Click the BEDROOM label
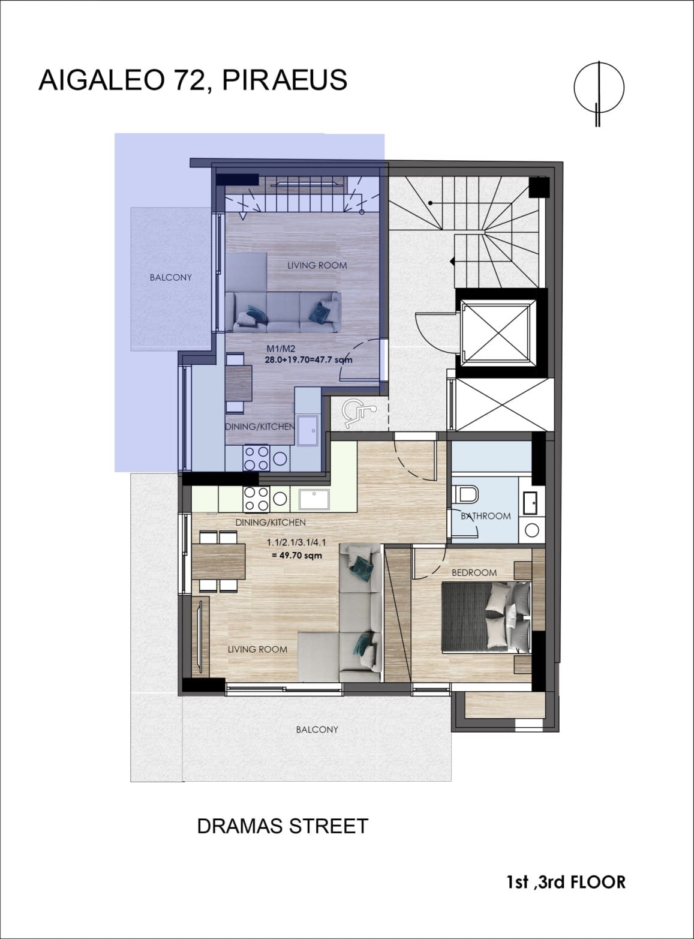coord(474,572)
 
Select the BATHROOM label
coord(486,515)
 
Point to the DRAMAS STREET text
coord(283,826)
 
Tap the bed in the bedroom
coord(486,617)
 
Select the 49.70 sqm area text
coord(297,555)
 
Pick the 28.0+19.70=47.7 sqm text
coord(309,360)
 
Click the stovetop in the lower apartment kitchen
coord(257,499)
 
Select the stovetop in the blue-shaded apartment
coord(256,458)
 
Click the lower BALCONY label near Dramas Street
coord(317,730)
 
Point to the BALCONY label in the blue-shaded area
coord(170,277)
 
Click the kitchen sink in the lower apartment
coord(314,499)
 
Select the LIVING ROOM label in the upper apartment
coord(317,265)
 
